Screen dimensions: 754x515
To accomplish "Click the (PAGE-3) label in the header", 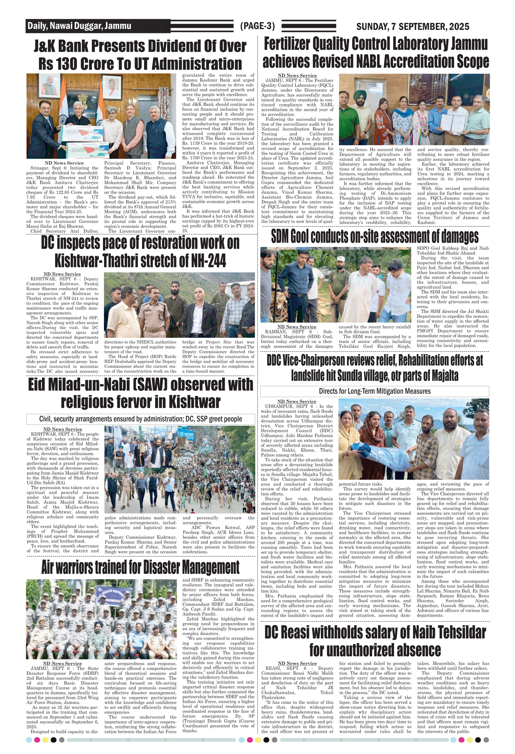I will click(257, 26).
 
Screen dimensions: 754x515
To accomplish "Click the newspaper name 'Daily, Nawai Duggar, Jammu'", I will click(79, 26).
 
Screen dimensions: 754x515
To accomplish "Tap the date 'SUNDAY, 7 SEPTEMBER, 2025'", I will click(413, 26).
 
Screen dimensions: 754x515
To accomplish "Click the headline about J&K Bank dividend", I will click(140, 55).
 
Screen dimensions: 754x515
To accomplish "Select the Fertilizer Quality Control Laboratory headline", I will click(376, 53).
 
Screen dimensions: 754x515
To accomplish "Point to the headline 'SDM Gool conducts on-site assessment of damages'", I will click(375, 237).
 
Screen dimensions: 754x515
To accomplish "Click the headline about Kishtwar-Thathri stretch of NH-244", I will click(140, 252).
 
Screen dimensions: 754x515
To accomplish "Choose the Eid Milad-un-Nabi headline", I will click(140, 393).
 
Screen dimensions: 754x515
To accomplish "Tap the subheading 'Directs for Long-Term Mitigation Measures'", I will click(375, 391).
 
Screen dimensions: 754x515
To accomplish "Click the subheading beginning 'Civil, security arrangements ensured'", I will click(140, 419).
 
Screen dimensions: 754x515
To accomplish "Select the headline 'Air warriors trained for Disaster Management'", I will click(140, 567).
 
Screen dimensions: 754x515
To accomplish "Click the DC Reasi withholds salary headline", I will click(375, 641).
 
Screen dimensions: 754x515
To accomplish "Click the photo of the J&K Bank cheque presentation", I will click(101, 116).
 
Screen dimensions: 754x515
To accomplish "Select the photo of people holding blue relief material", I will click(414, 439).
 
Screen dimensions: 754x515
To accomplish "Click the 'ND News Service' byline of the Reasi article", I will click(297, 663).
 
